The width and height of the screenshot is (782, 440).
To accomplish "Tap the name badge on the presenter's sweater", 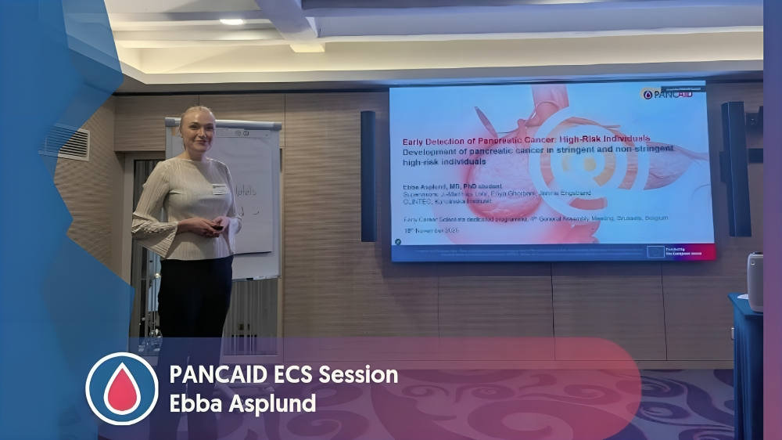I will pos(220,189).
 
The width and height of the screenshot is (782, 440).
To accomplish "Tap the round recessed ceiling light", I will pos(231,22).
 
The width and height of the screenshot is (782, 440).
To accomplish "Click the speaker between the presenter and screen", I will pos(368,175).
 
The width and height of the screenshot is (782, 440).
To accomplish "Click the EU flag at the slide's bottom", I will pos(655,251).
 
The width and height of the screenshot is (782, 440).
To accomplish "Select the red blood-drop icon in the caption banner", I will pos(122,389).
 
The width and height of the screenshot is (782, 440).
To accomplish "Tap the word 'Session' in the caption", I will pos(355,375).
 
